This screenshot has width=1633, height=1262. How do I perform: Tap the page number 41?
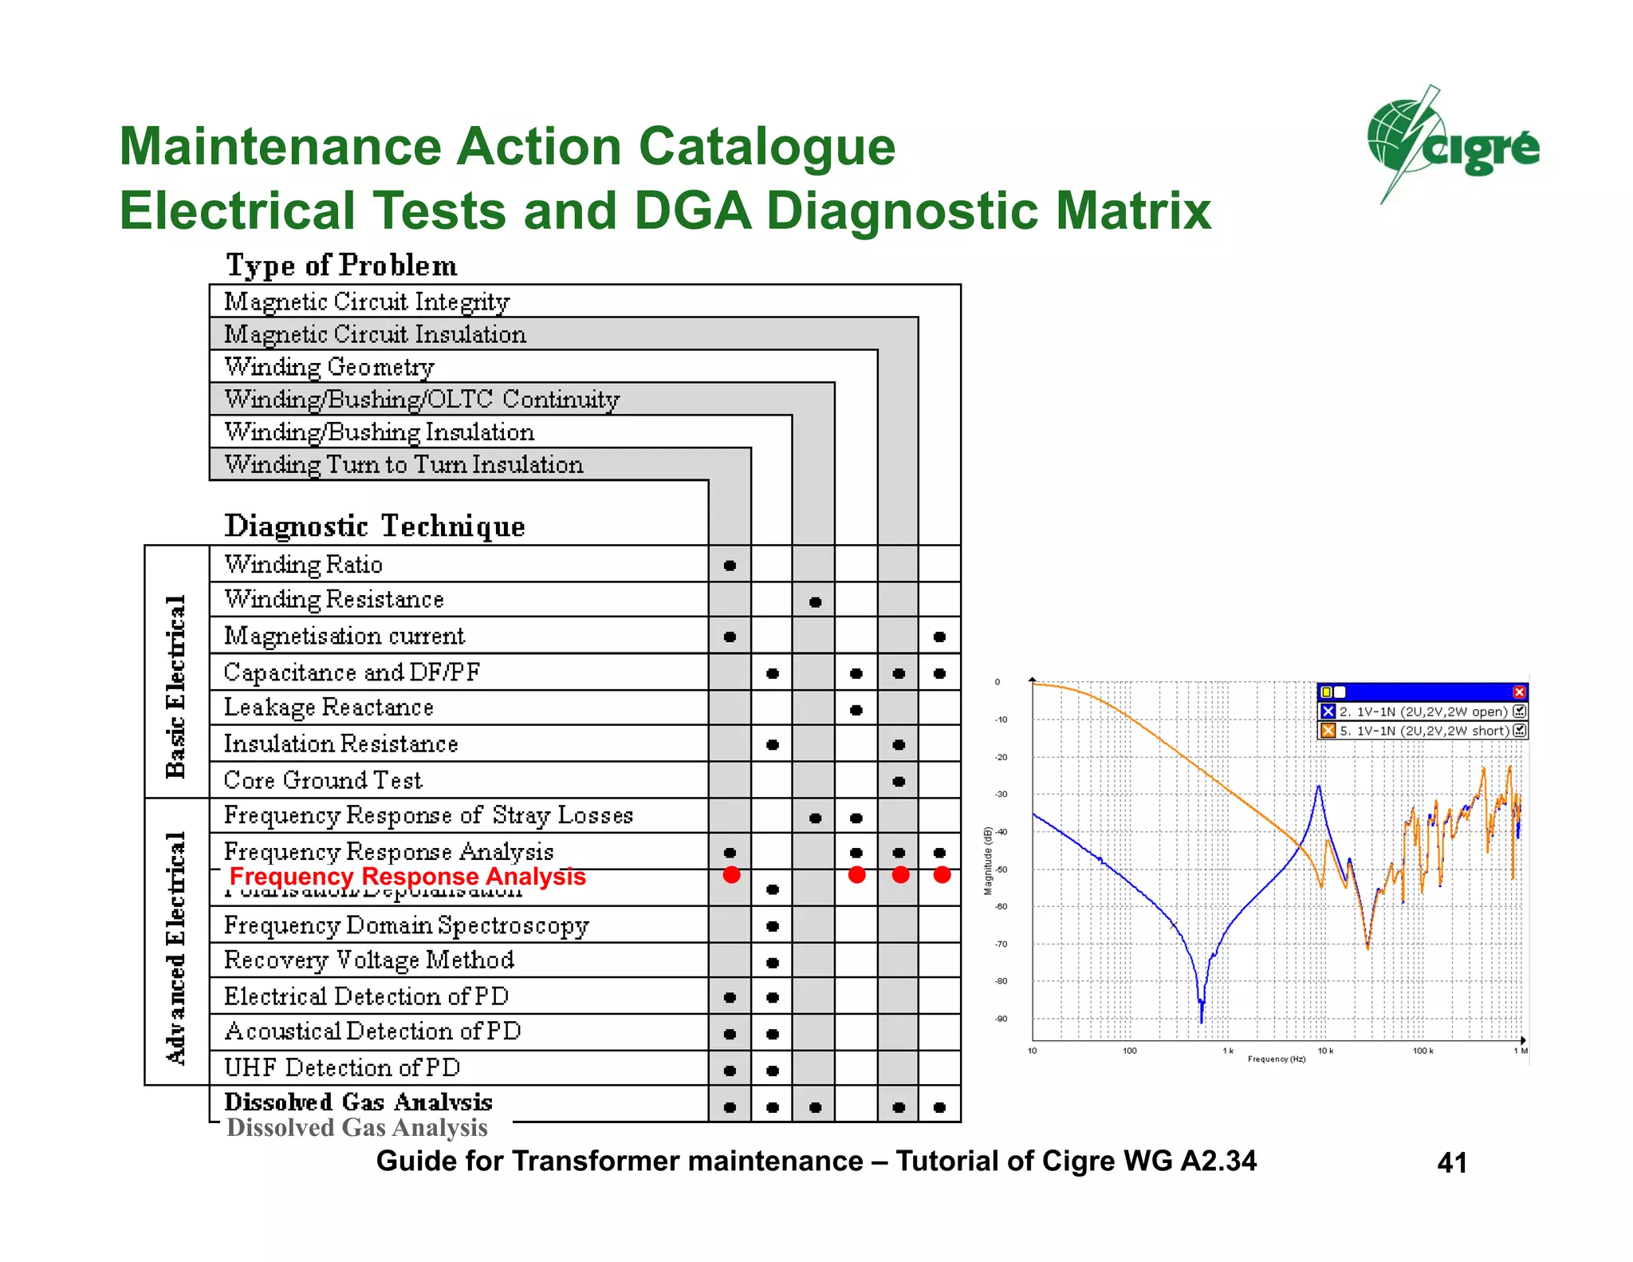click(x=1452, y=1162)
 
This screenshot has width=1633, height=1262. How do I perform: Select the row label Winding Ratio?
click(x=303, y=565)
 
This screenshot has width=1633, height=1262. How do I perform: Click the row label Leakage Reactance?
click(x=329, y=708)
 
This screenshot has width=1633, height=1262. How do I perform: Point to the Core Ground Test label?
click(x=323, y=780)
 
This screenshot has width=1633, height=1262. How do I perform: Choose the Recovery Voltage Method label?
click(x=369, y=960)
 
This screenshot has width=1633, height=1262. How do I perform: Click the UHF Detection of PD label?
click(x=342, y=1067)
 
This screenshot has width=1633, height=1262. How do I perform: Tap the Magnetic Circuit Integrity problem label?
click(x=367, y=302)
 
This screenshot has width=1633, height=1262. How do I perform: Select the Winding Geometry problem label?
click(x=329, y=367)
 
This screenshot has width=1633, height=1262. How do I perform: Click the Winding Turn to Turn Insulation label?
click(x=403, y=464)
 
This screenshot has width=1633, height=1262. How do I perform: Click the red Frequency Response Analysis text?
click(x=407, y=876)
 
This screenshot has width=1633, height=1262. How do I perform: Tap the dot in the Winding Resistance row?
click(x=815, y=601)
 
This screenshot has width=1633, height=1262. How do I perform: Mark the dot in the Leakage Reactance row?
click(x=856, y=710)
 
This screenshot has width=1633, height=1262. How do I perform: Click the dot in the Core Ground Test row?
click(x=899, y=781)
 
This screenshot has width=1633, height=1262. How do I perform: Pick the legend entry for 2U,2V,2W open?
click(x=1422, y=712)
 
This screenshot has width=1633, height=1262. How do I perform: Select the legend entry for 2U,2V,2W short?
click(x=1422, y=731)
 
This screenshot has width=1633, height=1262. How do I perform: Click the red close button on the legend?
click(x=1519, y=692)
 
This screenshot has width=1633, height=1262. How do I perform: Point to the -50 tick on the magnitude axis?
click(x=1001, y=870)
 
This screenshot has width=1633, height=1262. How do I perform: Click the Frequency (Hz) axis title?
click(x=1277, y=1059)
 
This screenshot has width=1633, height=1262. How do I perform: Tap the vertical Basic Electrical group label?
click(x=176, y=686)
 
